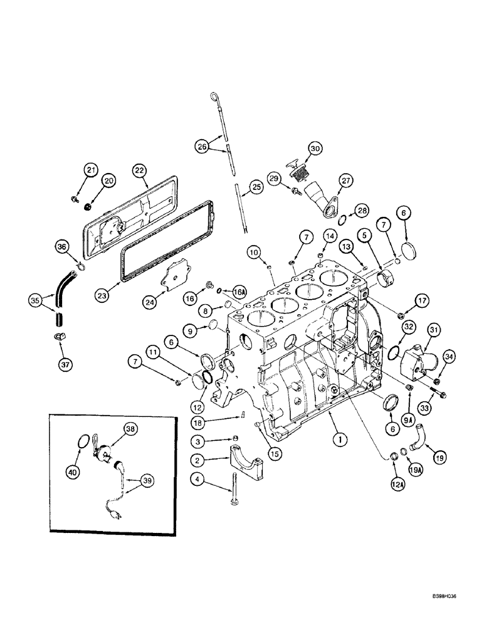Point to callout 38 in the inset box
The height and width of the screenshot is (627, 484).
[129, 429]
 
